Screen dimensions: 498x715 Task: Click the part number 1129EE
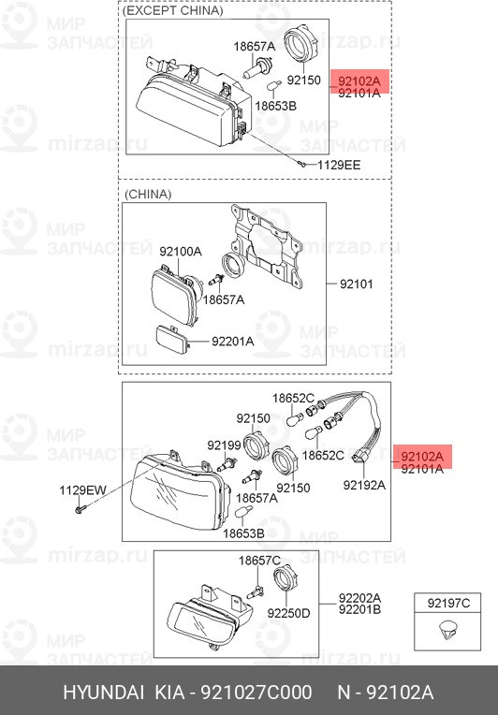tap(339, 165)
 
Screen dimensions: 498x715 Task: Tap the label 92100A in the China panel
tap(181, 251)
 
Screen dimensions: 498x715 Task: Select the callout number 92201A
tap(232, 341)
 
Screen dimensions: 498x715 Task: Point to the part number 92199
tap(224, 445)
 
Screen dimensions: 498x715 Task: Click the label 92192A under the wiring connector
tap(364, 485)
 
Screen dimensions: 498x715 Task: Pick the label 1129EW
tap(82, 490)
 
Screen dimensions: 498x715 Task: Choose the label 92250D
tap(288, 613)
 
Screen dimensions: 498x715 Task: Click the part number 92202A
tap(359, 597)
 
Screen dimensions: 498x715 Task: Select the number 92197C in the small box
tap(448, 604)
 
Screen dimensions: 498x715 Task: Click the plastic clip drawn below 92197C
tap(447, 631)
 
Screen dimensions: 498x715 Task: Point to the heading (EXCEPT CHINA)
tap(173, 11)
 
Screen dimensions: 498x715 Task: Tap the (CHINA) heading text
tap(148, 195)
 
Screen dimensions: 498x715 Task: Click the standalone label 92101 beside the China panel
tap(356, 285)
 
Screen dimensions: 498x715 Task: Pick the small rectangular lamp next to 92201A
tap(173, 340)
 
